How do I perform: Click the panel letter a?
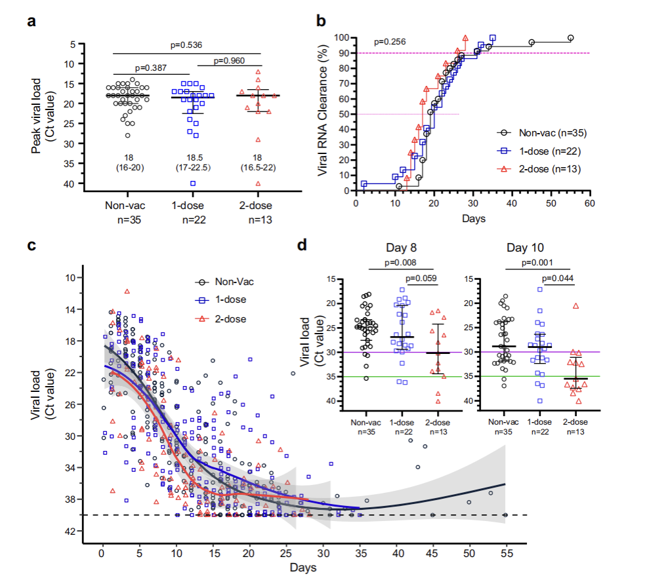coord(30,21)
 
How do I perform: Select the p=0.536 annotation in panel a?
coord(187,45)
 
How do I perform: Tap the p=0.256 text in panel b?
coord(390,43)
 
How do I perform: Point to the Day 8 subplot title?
coord(401,248)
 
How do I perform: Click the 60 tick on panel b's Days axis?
coord(591,203)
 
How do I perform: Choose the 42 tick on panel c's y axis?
coord(89,531)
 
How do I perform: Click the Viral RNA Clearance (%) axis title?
coord(323,115)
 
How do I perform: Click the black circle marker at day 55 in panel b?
coord(571,38)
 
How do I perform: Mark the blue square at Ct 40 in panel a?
coord(194,183)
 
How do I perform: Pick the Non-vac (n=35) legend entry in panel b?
coord(547,133)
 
